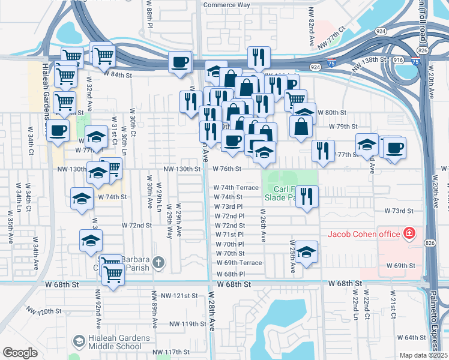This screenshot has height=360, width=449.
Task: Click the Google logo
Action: [19, 353]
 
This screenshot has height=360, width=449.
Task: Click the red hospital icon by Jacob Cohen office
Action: [409, 232]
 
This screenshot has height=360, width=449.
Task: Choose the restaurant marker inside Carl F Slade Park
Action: [307, 196]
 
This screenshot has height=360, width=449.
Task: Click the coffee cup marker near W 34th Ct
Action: [58, 130]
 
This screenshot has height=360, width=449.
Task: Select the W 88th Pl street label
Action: [150, 14]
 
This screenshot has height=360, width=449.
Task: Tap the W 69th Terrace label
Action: [238, 263]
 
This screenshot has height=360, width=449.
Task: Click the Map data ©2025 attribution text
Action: [423, 355]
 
